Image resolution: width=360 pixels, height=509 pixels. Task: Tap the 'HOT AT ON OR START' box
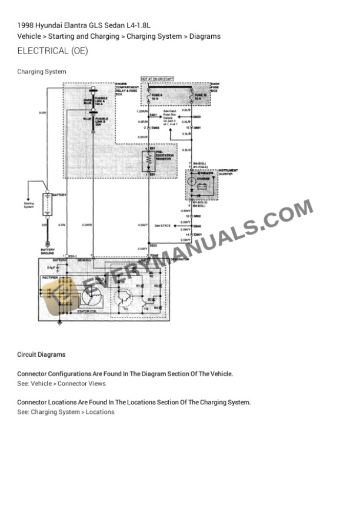(156, 78)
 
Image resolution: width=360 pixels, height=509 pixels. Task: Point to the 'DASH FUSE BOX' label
(215, 88)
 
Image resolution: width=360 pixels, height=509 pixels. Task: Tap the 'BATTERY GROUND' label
(48, 251)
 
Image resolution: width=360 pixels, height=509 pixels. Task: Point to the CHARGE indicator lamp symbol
(192, 182)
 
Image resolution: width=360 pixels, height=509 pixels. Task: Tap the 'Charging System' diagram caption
(42, 72)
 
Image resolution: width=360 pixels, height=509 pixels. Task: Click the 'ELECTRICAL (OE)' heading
(53, 51)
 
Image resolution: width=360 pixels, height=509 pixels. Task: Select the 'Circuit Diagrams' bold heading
(41, 355)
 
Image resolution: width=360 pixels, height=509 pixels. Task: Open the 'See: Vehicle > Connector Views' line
(62, 384)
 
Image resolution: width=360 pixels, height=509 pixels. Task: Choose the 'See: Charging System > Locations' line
(66, 412)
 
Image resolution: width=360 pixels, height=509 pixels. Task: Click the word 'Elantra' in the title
(66, 25)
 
